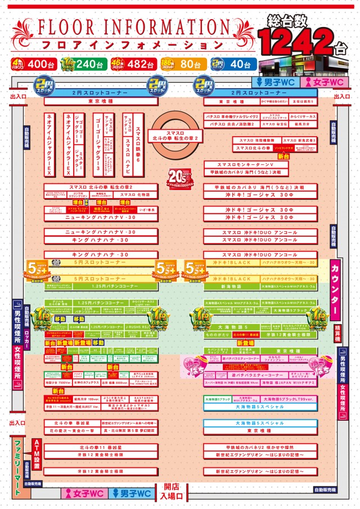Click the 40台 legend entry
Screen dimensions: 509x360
click(x=233, y=64)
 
